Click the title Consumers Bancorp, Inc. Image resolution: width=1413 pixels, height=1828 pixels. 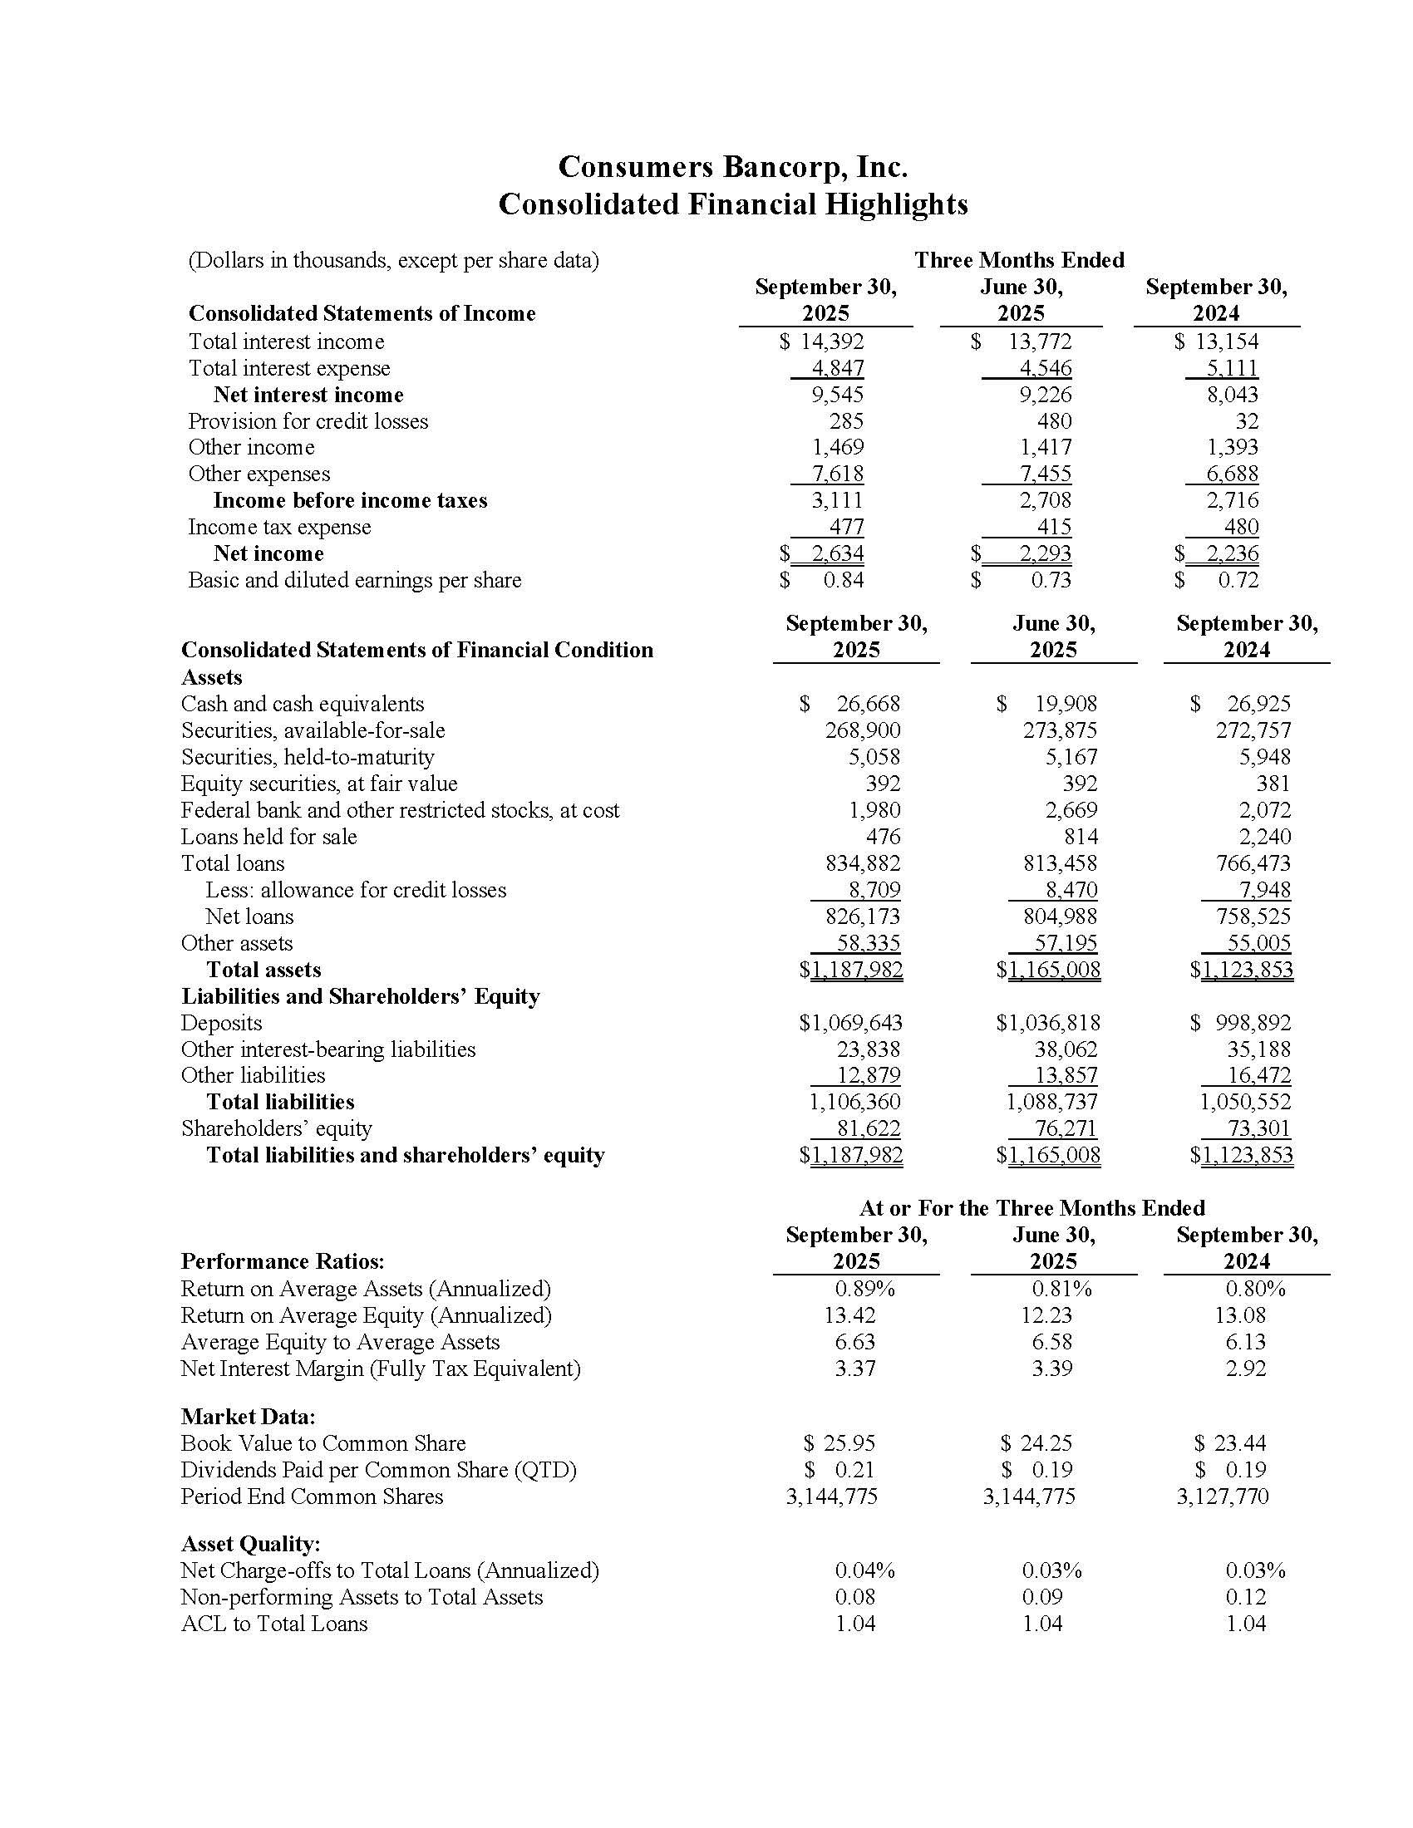[x=732, y=166]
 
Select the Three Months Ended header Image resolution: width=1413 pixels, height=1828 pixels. [x=1019, y=260]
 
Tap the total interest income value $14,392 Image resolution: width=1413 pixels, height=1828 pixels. [x=822, y=342]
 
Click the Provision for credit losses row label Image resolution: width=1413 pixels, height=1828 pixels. [x=308, y=421]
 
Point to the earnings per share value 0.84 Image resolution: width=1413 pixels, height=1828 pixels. [x=843, y=580]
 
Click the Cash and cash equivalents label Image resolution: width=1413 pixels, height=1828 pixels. [x=303, y=704]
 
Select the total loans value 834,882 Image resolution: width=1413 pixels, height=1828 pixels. [x=863, y=863]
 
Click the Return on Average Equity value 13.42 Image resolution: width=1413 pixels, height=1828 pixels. [x=849, y=1315]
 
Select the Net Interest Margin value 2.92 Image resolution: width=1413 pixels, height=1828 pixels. [x=1246, y=1369]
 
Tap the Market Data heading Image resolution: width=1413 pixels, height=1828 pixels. [x=248, y=1416]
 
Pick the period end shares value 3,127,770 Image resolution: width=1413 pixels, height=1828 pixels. [x=1222, y=1496]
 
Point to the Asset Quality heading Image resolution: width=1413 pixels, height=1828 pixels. [x=250, y=1544]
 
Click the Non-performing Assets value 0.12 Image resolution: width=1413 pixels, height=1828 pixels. [x=1246, y=1597]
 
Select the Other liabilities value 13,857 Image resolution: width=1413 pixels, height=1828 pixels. [x=1066, y=1075]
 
